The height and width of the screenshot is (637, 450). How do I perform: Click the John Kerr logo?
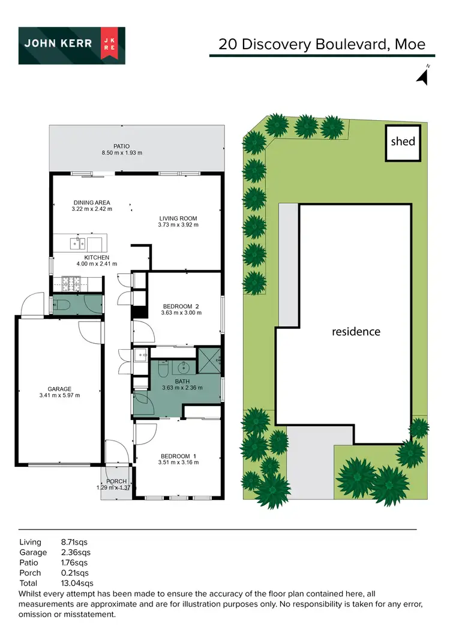pyautogui.click(x=71, y=45)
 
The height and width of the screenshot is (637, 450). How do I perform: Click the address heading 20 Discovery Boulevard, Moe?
pyautogui.click(x=322, y=44)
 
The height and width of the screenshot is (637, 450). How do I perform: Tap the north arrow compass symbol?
pyautogui.click(x=423, y=76)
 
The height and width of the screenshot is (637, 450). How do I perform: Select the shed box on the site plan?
pyautogui.click(x=403, y=142)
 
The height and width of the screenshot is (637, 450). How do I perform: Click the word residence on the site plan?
pyautogui.click(x=356, y=331)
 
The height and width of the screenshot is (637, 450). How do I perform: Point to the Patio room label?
pyautogui.click(x=122, y=146)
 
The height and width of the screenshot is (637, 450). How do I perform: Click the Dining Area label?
pyautogui.click(x=92, y=203)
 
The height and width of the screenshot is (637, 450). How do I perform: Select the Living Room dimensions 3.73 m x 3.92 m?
pyautogui.click(x=178, y=225)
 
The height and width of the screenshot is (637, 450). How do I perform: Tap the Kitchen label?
pyautogui.click(x=97, y=257)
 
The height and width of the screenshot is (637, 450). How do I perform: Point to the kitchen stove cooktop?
pyautogui.click(x=70, y=282)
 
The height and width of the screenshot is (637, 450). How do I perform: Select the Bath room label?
pyautogui.click(x=182, y=381)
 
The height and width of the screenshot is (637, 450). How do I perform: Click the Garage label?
pyautogui.click(x=59, y=389)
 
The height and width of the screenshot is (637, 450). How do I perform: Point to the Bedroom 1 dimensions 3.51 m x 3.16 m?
pyautogui.click(x=178, y=462)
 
